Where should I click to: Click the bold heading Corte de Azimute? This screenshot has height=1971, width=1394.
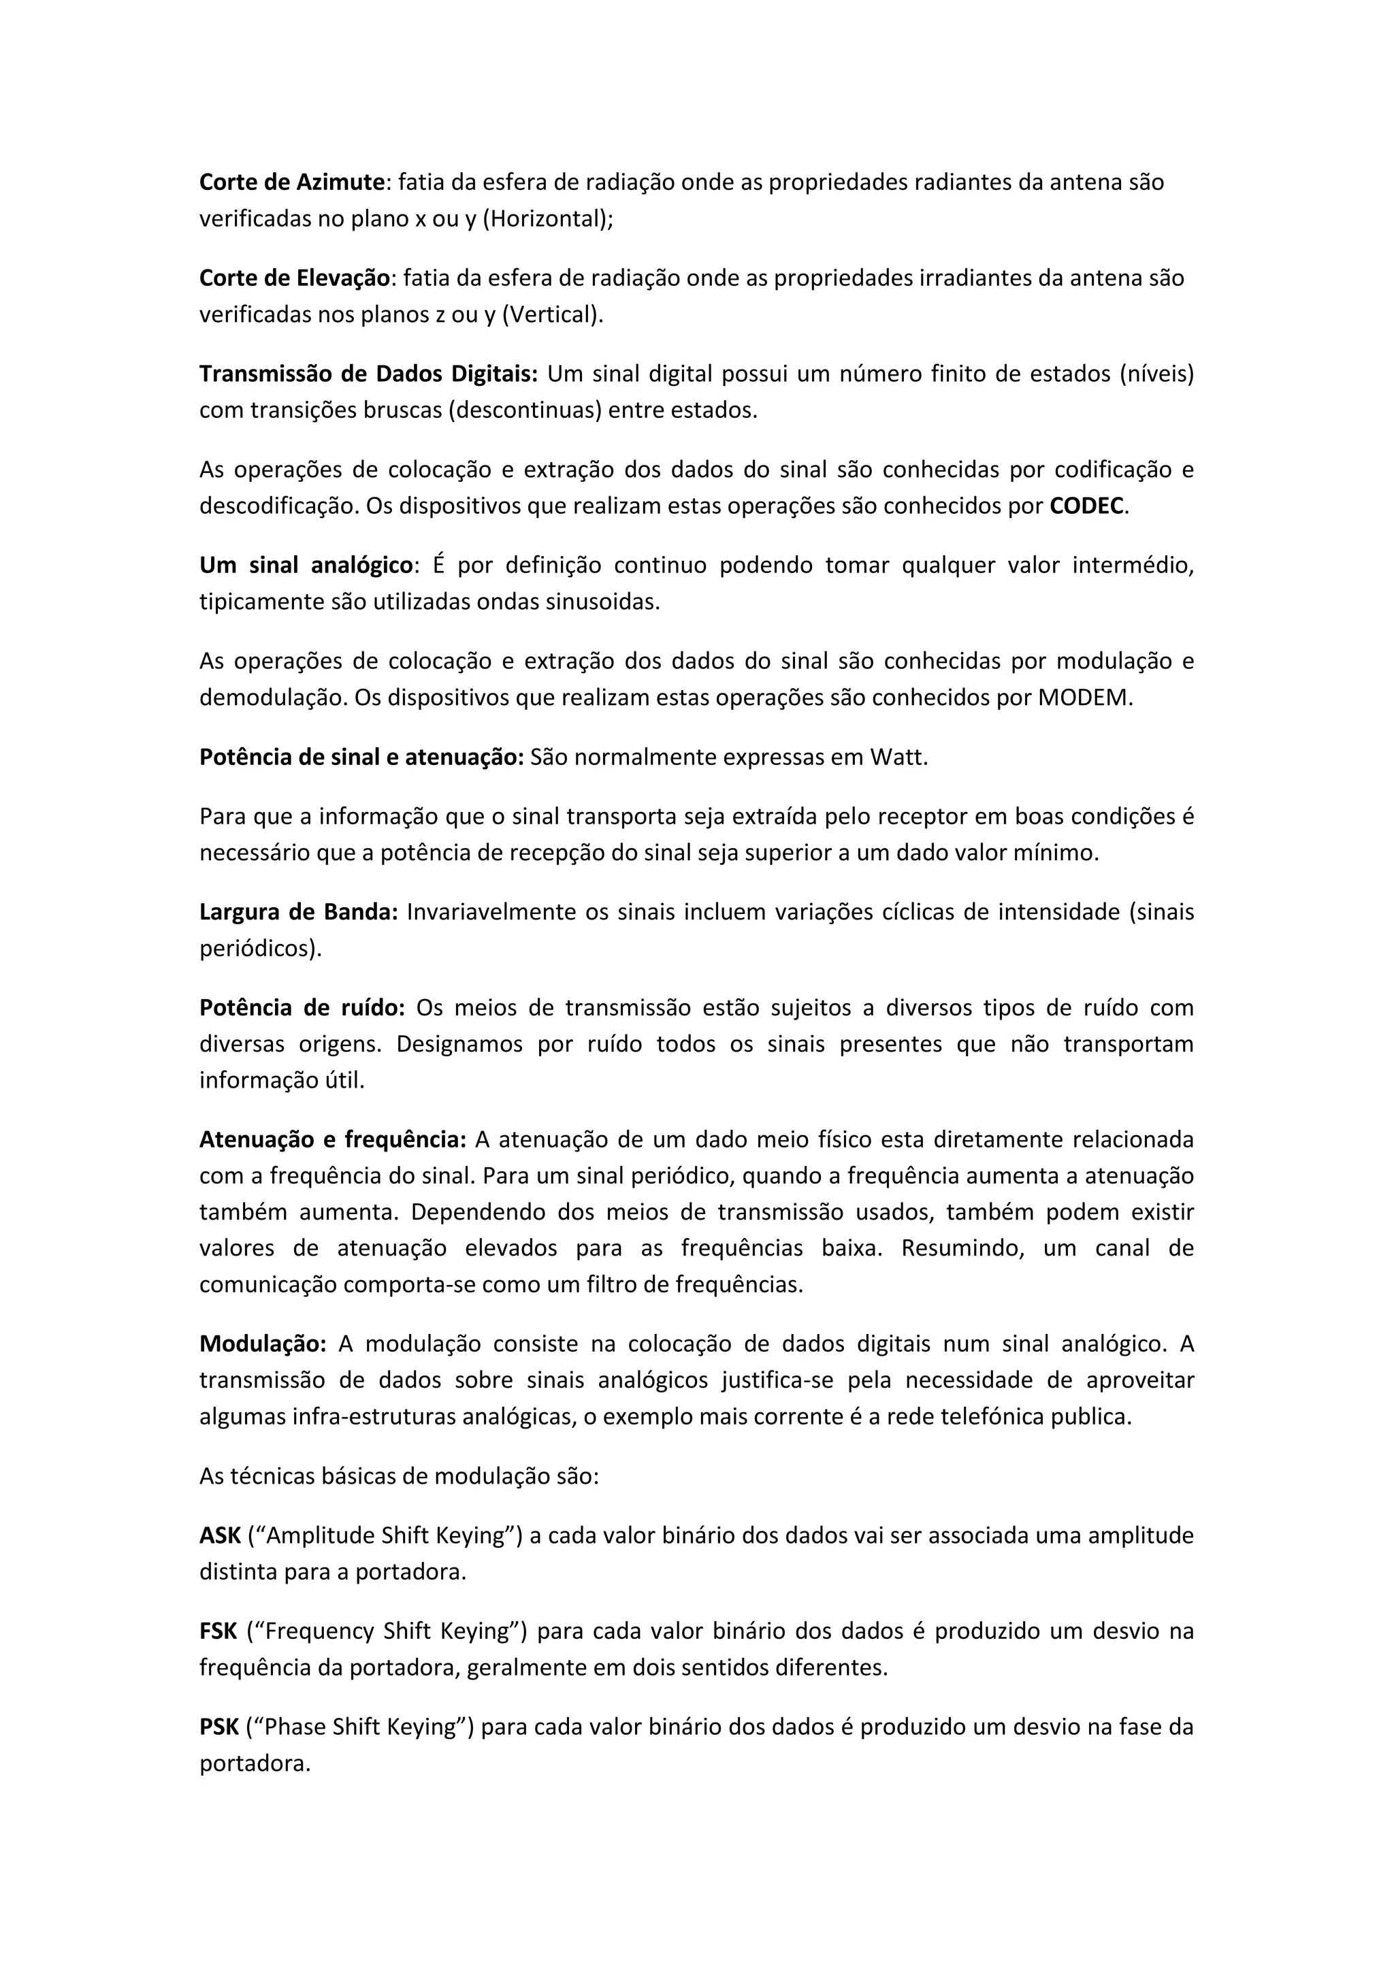pos(292,182)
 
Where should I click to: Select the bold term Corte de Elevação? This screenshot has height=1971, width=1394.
pos(295,278)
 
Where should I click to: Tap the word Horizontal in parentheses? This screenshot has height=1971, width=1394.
pos(545,219)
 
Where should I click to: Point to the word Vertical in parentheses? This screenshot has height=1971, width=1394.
pos(551,315)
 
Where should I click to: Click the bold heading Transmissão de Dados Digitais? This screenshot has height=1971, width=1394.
pos(368,374)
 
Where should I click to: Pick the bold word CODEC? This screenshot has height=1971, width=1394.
pos(1086,506)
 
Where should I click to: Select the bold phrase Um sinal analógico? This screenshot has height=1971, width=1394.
pos(306,566)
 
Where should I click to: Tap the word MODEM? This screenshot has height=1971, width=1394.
pos(1083,698)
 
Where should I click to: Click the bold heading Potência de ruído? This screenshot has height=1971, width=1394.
pos(302,1008)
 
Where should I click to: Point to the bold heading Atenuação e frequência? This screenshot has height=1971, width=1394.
pos(333,1140)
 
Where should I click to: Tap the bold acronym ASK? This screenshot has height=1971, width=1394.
pos(220,1536)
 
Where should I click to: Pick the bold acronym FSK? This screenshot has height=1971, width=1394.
pos(218,1631)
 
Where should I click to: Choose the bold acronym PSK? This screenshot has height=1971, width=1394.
pos(219,1727)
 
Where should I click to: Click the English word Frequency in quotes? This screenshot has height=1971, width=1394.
pos(319,1631)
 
